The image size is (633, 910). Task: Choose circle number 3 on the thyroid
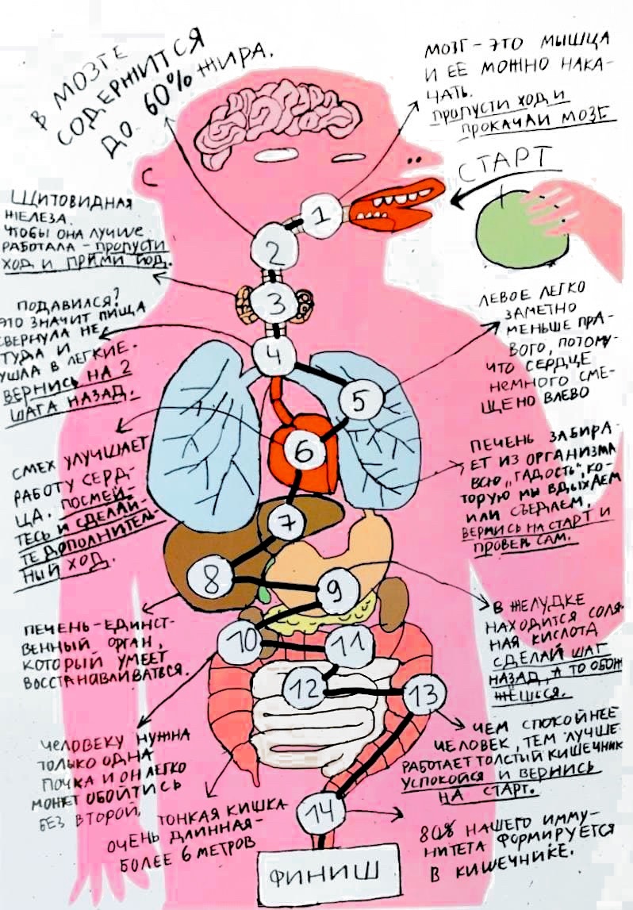pyautogui.click(x=276, y=302)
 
